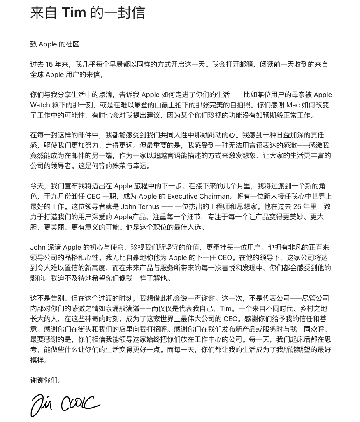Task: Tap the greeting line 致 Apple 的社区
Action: [x=56, y=44]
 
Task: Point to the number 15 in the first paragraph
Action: [x=49, y=65]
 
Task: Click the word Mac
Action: [x=292, y=105]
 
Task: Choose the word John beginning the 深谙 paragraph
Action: [x=38, y=247]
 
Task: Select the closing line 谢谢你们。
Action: [x=46, y=380]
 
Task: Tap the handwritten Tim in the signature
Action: [x=42, y=405]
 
